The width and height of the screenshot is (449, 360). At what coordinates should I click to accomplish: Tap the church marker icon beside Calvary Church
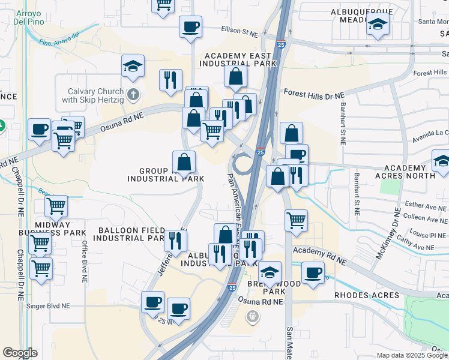[x=133, y=94]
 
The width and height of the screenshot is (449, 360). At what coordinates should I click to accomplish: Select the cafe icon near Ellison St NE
[x=190, y=27]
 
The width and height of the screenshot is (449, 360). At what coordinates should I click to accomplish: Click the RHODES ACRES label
[x=366, y=295]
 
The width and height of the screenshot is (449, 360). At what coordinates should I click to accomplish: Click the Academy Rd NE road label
[x=319, y=256]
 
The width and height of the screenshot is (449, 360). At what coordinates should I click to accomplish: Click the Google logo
[x=20, y=352]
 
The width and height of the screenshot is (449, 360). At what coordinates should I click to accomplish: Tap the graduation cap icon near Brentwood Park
[x=270, y=272]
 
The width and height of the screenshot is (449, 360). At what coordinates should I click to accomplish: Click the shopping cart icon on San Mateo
[x=296, y=220]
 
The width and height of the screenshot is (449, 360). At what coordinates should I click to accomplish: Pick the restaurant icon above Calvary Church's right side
[x=170, y=80]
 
